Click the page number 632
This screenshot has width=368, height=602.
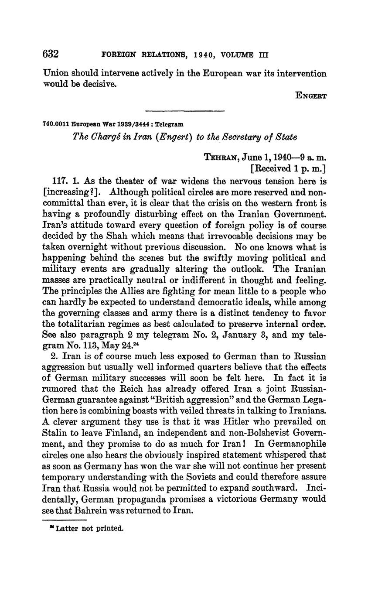(x=51, y=54)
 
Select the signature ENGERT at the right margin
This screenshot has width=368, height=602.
(x=311, y=96)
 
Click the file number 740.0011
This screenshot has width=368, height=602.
(x=56, y=124)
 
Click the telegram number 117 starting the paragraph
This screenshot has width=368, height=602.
(x=59, y=181)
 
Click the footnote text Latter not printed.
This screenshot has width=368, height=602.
(x=89, y=529)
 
